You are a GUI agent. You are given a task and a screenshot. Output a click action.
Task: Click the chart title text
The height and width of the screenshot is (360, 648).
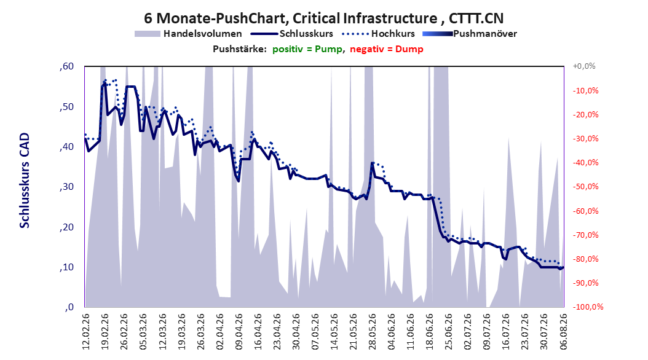(x=323, y=18)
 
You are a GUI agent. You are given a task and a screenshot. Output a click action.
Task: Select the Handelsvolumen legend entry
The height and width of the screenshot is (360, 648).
(x=188, y=34)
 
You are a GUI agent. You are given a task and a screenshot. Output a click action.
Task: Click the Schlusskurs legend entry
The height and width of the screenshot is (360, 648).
(x=292, y=34)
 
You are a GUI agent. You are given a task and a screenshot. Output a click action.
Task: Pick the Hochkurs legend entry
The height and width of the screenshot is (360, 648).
(x=378, y=34)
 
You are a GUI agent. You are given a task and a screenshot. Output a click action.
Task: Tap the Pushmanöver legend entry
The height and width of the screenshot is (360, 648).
(x=470, y=34)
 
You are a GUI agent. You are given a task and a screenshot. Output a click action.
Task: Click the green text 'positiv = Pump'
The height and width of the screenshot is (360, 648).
(x=307, y=49)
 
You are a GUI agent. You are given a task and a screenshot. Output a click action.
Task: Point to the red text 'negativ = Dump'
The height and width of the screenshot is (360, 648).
(x=387, y=49)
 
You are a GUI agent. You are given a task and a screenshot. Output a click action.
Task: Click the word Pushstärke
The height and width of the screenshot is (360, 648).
(x=240, y=49)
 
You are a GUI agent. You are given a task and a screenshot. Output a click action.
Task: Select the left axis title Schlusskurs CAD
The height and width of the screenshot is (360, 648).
(x=25, y=181)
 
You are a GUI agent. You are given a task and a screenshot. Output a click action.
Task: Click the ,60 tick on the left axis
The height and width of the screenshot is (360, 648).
(x=66, y=66)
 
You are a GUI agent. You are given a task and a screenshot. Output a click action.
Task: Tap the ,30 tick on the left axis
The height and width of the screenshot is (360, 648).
(x=66, y=187)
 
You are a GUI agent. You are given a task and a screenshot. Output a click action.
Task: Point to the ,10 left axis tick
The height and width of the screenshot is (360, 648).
(x=66, y=267)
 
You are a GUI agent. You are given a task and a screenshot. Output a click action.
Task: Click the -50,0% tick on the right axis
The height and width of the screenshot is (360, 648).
(x=585, y=187)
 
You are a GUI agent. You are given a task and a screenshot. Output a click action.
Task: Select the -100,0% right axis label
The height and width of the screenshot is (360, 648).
(x=588, y=307)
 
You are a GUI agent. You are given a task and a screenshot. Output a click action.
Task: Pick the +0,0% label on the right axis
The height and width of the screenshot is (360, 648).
(x=584, y=66)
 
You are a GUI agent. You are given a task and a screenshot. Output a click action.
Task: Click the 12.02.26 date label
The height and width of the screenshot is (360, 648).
(x=86, y=332)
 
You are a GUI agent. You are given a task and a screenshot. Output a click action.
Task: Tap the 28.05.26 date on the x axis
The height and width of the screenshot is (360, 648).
(x=372, y=332)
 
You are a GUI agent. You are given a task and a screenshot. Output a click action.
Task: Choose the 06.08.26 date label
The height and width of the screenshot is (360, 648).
(x=563, y=332)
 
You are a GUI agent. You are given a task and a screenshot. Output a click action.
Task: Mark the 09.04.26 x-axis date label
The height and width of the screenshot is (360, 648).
(x=239, y=332)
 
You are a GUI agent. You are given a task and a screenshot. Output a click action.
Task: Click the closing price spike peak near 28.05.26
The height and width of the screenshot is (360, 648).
(x=373, y=163)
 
